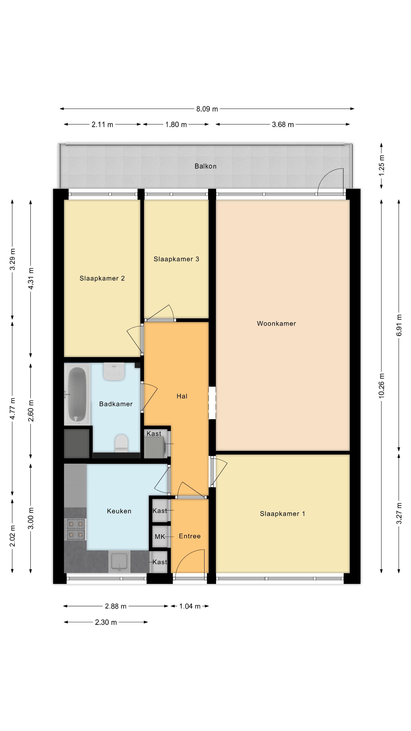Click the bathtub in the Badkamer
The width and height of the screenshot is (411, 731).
tap(77, 394)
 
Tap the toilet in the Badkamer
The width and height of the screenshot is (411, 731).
tap(121, 443)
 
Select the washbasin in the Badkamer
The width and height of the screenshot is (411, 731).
tap(114, 371)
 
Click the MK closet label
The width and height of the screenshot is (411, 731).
tap(160, 537)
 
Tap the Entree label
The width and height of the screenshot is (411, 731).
tap(190, 536)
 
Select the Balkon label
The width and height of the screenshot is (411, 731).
tap(205, 166)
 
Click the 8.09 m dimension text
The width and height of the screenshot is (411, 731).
tap(207, 109)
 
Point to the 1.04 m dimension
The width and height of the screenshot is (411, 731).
tap(190, 606)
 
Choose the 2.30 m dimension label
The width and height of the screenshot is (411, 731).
tap(106, 622)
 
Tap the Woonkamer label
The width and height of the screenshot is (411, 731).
tap(276, 324)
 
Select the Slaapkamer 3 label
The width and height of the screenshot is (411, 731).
tap(177, 259)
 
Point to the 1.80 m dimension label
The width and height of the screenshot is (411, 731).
tap(176, 125)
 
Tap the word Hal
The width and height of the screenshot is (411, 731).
tap(182, 396)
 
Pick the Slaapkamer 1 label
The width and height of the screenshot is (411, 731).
tap(282, 514)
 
